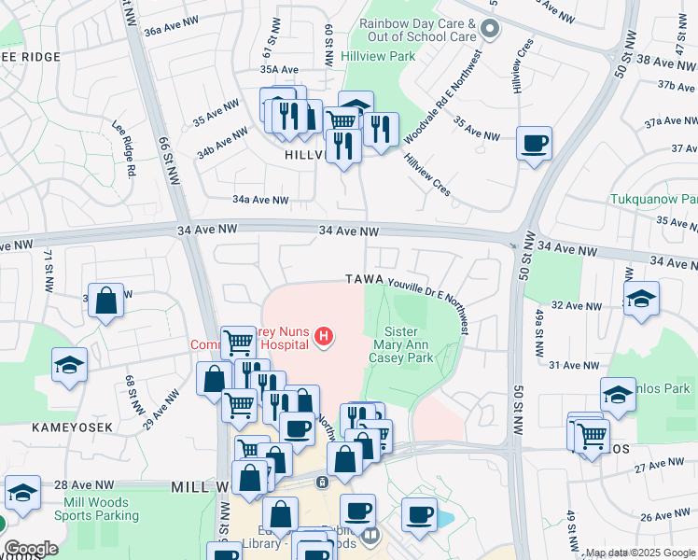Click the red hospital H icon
[x=324, y=336]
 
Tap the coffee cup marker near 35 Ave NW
[x=534, y=145]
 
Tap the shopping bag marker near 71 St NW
[x=106, y=301]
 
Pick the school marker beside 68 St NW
[x=69, y=365]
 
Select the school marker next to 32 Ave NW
[x=641, y=300]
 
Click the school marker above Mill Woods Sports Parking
[x=22, y=492]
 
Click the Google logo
[x=31, y=549]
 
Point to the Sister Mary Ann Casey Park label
[x=401, y=344]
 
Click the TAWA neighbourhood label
[x=365, y=280]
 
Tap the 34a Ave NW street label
[x=260, y=200]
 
